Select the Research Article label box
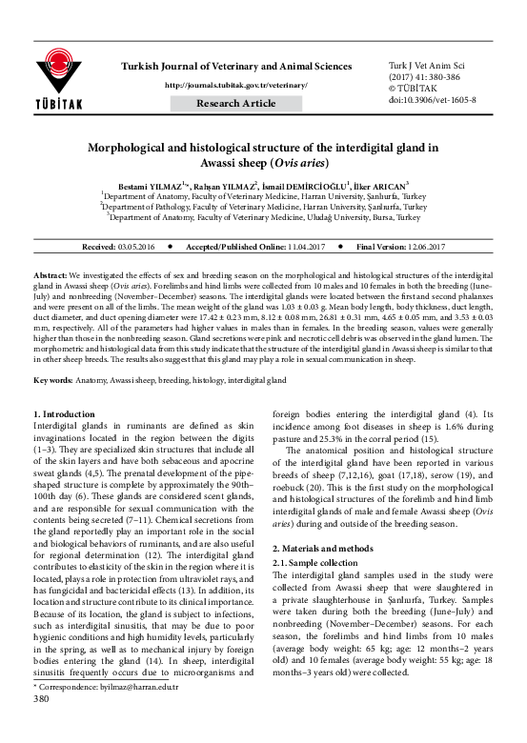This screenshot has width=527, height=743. tap(236, 103)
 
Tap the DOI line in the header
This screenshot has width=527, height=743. tap(421, 98)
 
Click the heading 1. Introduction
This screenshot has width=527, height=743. tap(64, 415)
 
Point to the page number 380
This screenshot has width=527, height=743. tap(41, 726)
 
